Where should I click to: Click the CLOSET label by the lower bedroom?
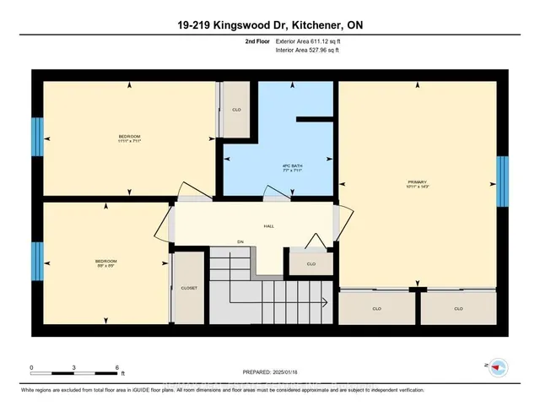point(189,288)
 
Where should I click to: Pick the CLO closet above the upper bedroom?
point(237,110)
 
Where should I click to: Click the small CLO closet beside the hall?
point(310,264)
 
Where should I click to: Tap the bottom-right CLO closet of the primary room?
point(458,309)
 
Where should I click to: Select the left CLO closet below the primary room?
point(376,309)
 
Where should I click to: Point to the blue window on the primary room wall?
point(503,181)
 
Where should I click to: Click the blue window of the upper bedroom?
point(37,137)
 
